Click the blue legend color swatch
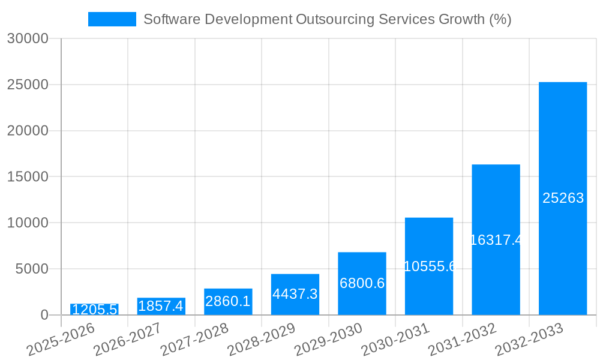pos(112,19)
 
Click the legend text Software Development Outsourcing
pos(327,19)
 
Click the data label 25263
pos(563,198)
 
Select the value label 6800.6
pos(362,283)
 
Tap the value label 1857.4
pos(161,306)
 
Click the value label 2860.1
pos(228,301)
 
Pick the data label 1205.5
pos(94,310)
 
